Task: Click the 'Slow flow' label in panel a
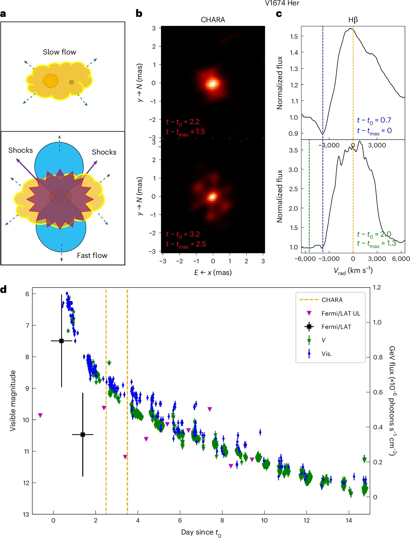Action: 60,52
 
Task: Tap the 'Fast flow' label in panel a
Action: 92,256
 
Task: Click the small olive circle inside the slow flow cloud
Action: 72,82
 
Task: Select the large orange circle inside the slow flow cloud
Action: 50,81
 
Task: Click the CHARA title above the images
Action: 213,20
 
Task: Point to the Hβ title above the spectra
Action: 353,20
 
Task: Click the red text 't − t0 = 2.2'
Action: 183,122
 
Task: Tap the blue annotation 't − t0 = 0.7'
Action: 374,120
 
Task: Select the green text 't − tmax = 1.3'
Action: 376,244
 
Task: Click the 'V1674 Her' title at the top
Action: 282,3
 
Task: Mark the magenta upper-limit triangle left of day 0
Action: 40,415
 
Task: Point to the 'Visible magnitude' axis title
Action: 13,400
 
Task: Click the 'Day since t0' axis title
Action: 201,532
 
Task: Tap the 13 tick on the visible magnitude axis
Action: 26,515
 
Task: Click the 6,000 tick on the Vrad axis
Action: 401,259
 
